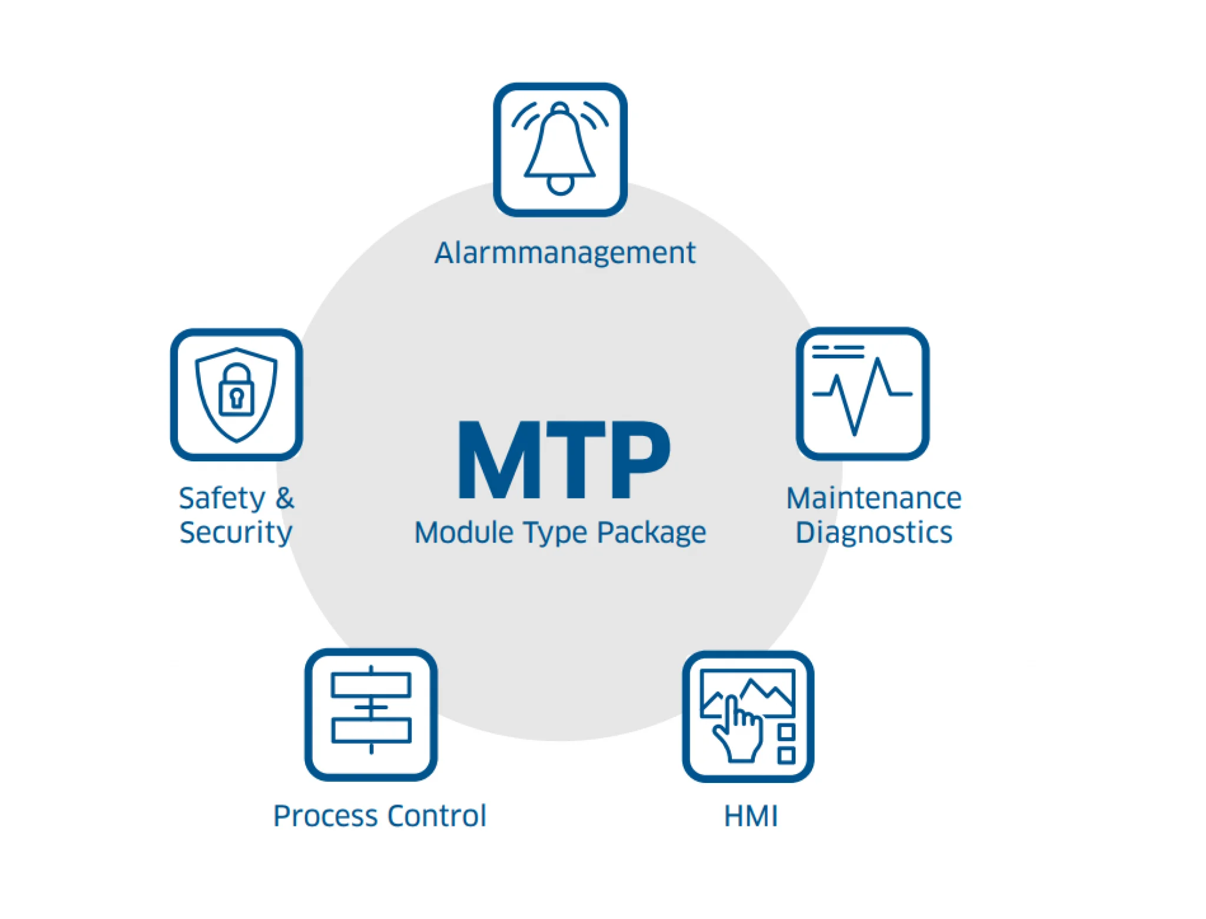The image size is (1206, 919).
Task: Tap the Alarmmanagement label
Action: tap(565, 253)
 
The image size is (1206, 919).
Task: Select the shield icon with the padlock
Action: tap(236, 394)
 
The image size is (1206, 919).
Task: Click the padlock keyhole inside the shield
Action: tap(237, 397)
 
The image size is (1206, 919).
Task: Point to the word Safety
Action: tap(222, 498)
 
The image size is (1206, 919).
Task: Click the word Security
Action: tap(236, 533)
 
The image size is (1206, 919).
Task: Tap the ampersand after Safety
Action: tap(284, 498)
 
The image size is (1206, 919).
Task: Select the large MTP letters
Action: tap(564, 459)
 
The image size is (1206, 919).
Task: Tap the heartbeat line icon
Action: tap(862, 394)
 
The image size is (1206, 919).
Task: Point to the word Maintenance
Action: tap(874, 498)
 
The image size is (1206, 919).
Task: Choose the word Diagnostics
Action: tap(874, 533)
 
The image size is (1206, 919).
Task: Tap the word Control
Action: tap(437, 816)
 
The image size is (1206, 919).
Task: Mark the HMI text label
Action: tap(751, 816)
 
